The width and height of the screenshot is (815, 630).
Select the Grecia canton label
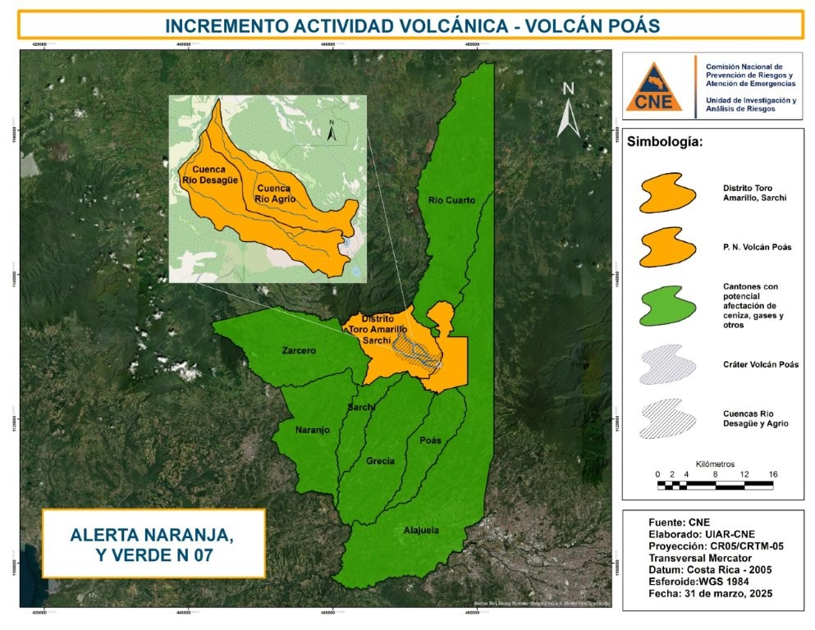[x=380, y=460]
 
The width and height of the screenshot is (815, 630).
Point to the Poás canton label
[x=430, y=440]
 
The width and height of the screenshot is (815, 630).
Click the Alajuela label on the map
[x=421, y=530]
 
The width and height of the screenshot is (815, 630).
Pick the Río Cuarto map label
[x=452, y=200]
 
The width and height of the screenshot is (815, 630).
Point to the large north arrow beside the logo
[x=569, y=110]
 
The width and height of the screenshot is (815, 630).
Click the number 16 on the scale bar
[x=772, y=474]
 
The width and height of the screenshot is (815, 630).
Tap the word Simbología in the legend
[x=664, y=141]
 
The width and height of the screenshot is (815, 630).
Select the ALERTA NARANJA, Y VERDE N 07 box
[x=153, y=544]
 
